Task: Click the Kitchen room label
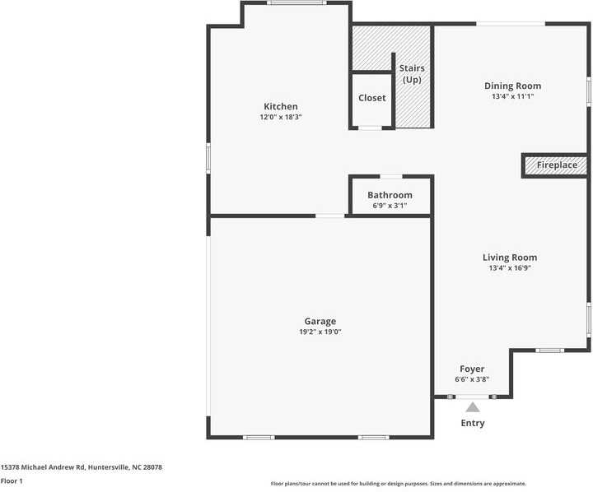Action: click(x=280, y=106)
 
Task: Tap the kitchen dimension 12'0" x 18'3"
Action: click(x=280, y=117)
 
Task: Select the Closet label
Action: click(x=371, y=98)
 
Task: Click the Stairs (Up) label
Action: click(x=411, y=73)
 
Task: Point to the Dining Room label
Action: click(x=512, y=86)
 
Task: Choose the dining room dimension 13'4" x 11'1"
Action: click(x=512, y=96)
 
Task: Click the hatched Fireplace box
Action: click(x=557, y=165)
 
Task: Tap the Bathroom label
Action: click(x=390, y=195)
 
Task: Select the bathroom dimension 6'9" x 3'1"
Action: click(x=390, y=206)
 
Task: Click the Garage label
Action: click(x=320, y=321)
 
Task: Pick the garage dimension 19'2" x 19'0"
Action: click(x=320, y=332)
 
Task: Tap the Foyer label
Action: click(x=471, y=369)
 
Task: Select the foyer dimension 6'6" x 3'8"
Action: click(x=471, y=379)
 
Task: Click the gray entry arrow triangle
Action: click(x=473, y=406)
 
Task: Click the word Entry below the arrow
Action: click(x=473, y=423)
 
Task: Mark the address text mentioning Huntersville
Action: click(x=81, y=466)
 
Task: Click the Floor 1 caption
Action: click(x=12, y=480)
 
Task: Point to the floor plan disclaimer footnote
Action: click(x=398, y=484)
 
